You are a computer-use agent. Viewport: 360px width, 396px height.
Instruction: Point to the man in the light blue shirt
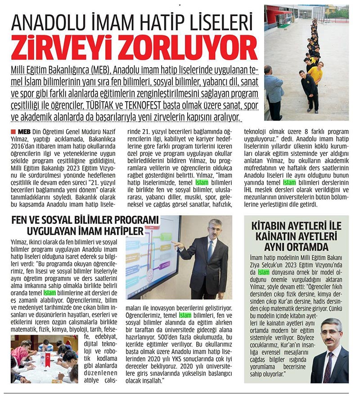pos(273,92)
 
